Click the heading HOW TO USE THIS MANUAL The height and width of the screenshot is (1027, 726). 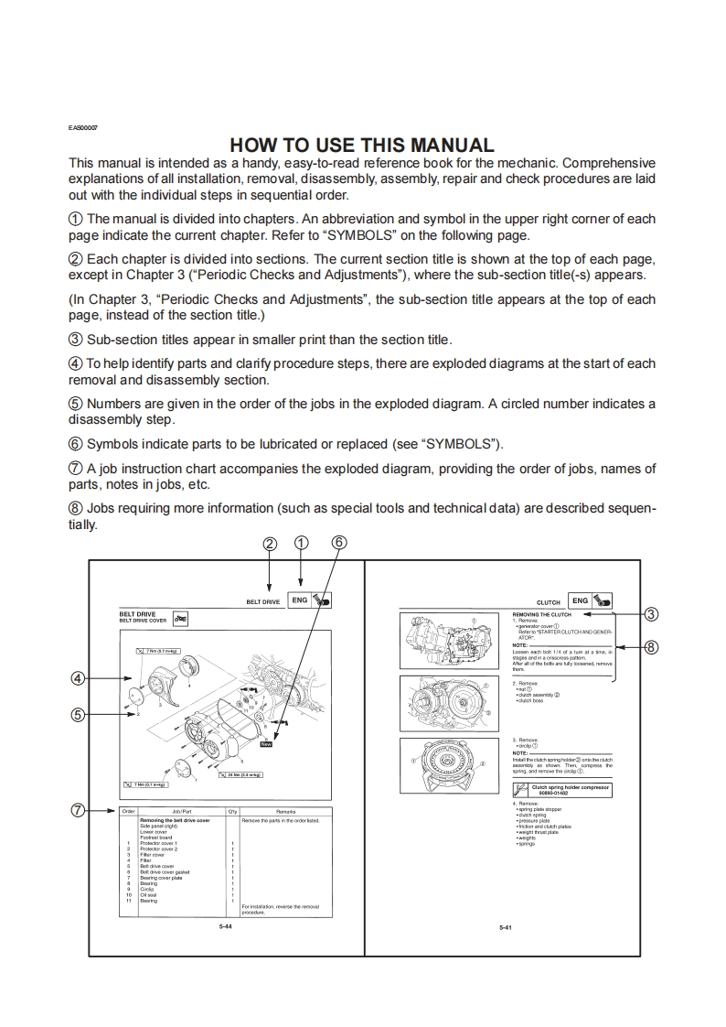click(x=362, y=145)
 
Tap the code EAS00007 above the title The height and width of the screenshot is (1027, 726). click(x=83, y=127)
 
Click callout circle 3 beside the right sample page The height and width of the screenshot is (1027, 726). click(x=651, y=613)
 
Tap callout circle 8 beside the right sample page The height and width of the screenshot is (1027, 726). click(x=651, y=647)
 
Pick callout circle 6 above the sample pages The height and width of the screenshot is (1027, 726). click(x=338, y=542)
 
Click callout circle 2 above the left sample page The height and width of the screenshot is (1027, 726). click(x=269, y=543)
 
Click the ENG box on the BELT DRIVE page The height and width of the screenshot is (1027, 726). click(x=299, y=600)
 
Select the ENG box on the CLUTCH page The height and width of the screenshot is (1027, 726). click(x=580, y=600)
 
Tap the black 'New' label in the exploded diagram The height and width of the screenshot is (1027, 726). click(x=266, y=744)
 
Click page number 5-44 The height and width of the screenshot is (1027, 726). click(x=225, y=927)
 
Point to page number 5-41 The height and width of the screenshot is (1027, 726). click(x=505, y=928)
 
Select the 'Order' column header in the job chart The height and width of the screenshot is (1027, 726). click(x=129, y=812)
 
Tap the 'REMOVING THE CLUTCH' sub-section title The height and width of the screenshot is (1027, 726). click(x=541, y=615)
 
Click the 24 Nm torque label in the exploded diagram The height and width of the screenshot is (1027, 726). click(x=239, y=774)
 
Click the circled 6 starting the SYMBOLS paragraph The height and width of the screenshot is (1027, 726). click(x=76, y=444)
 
